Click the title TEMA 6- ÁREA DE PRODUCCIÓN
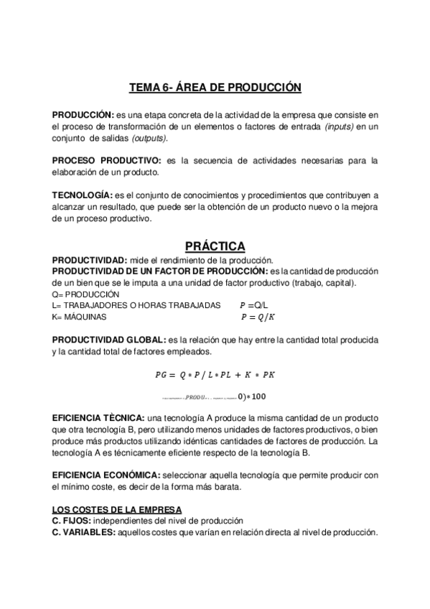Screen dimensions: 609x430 coord(215,87)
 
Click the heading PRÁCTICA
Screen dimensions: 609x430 coord(215,246)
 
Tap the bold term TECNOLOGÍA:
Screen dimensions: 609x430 coord(83,195)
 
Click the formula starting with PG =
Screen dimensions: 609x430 coord(215,374)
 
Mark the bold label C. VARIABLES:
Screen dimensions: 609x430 coord(88,532)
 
